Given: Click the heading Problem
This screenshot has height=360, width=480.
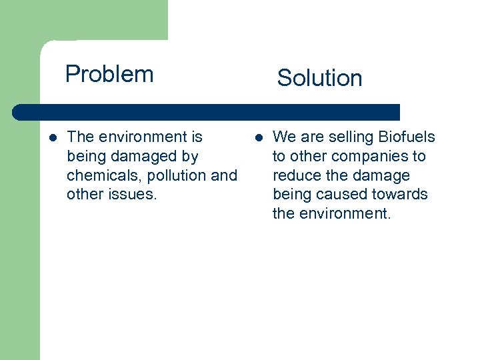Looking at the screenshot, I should point(109,74).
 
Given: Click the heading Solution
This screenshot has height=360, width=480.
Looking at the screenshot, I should point(319,78).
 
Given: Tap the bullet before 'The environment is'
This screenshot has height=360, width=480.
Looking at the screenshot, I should point(53,138).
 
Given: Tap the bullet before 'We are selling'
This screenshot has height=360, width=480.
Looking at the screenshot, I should point(258,138).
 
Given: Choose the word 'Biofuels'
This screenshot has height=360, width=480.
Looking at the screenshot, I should point(407,137).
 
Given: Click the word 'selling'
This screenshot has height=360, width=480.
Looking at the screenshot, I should point(351,137).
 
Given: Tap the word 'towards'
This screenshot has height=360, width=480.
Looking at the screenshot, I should point(397,195).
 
